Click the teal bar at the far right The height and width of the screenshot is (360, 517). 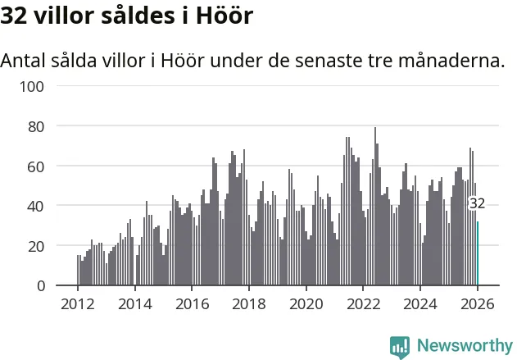tap(478, 254)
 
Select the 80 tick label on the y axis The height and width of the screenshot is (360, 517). tap(36, 126)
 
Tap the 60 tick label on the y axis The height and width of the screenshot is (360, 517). tap(36, 166)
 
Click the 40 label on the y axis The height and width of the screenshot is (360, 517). tap(36, 206)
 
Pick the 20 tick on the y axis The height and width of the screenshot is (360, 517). tap(36, 245)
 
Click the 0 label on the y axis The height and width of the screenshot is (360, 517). tap(40, 285)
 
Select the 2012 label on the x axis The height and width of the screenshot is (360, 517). tap(78, 304)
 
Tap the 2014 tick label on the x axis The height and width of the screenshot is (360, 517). tap(135, 304)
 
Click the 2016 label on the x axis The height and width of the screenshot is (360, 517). tap(192, 304)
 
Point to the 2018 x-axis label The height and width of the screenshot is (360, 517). tap(249, 304)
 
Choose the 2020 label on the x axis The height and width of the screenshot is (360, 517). tap(306, 304)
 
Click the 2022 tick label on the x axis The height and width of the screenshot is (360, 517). tap(364, 304)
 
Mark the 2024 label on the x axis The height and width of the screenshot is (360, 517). tap(421, 304)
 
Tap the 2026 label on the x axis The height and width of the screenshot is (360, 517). tap(478, 304)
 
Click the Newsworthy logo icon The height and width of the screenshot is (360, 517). tap(400, 346)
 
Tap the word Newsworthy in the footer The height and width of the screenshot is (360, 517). tap(464, 346)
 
